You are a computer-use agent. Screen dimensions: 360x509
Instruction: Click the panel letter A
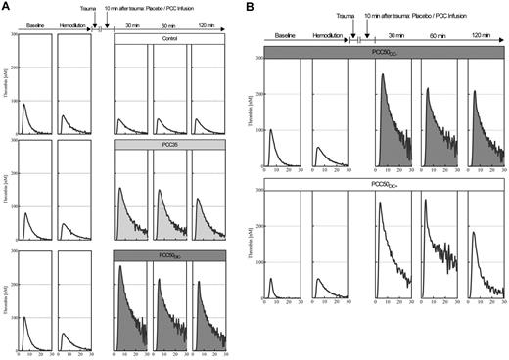coord(5,6)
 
